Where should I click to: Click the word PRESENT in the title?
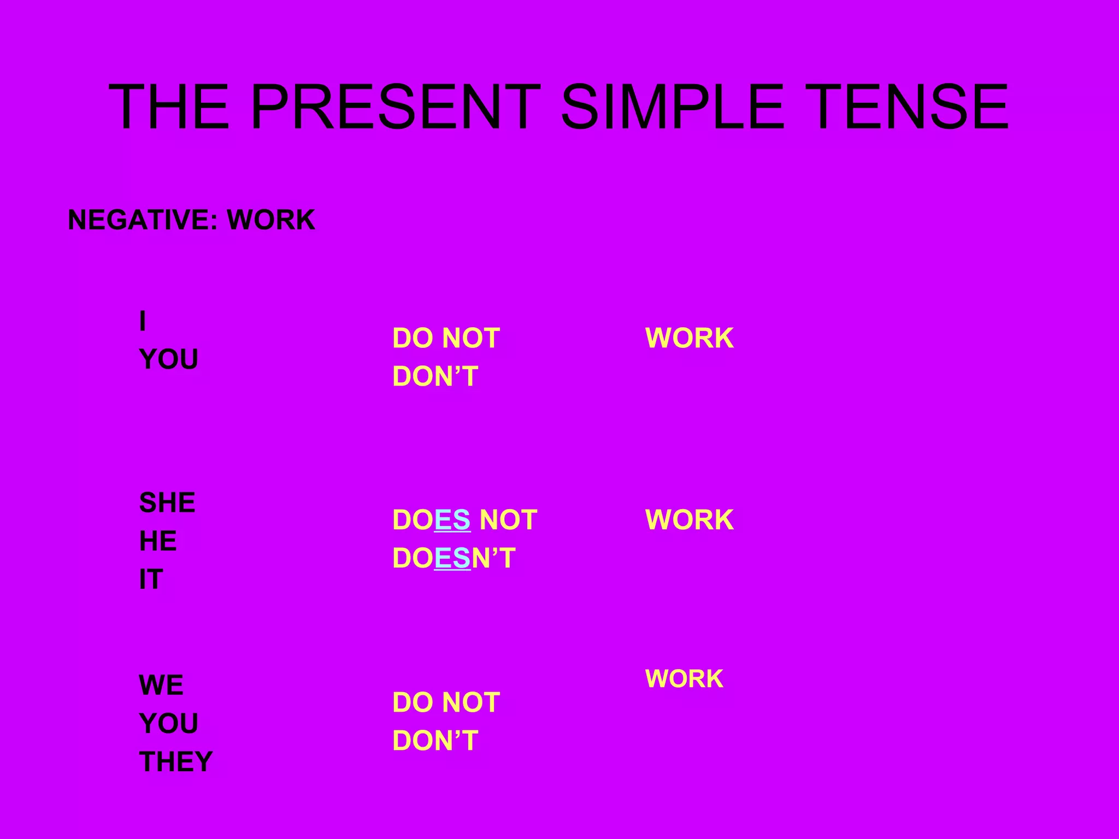pos(395,107)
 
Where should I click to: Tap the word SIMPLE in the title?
pos(672,107)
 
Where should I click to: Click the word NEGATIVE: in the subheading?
pos(139,220)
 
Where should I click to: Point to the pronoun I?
pos(143,321)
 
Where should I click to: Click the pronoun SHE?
pos(167,503)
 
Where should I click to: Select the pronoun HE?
pos(158,541)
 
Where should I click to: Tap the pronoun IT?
pos(151,580)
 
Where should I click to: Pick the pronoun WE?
pos(161,685)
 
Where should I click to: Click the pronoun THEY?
pos(176,761)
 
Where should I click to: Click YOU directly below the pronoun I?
pos(169,359)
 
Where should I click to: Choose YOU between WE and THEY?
pos(169,723)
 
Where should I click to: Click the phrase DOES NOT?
pos(464,519)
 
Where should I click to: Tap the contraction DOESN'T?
pos(454,558)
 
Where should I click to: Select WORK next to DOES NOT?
pos(690,519)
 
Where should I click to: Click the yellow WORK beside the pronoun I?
pos(690,338)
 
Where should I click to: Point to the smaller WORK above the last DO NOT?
pos(684,679)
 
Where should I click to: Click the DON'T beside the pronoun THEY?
pos(435,741)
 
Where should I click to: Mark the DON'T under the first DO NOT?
pos(435,376)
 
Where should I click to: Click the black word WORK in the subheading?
pos(271,220)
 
